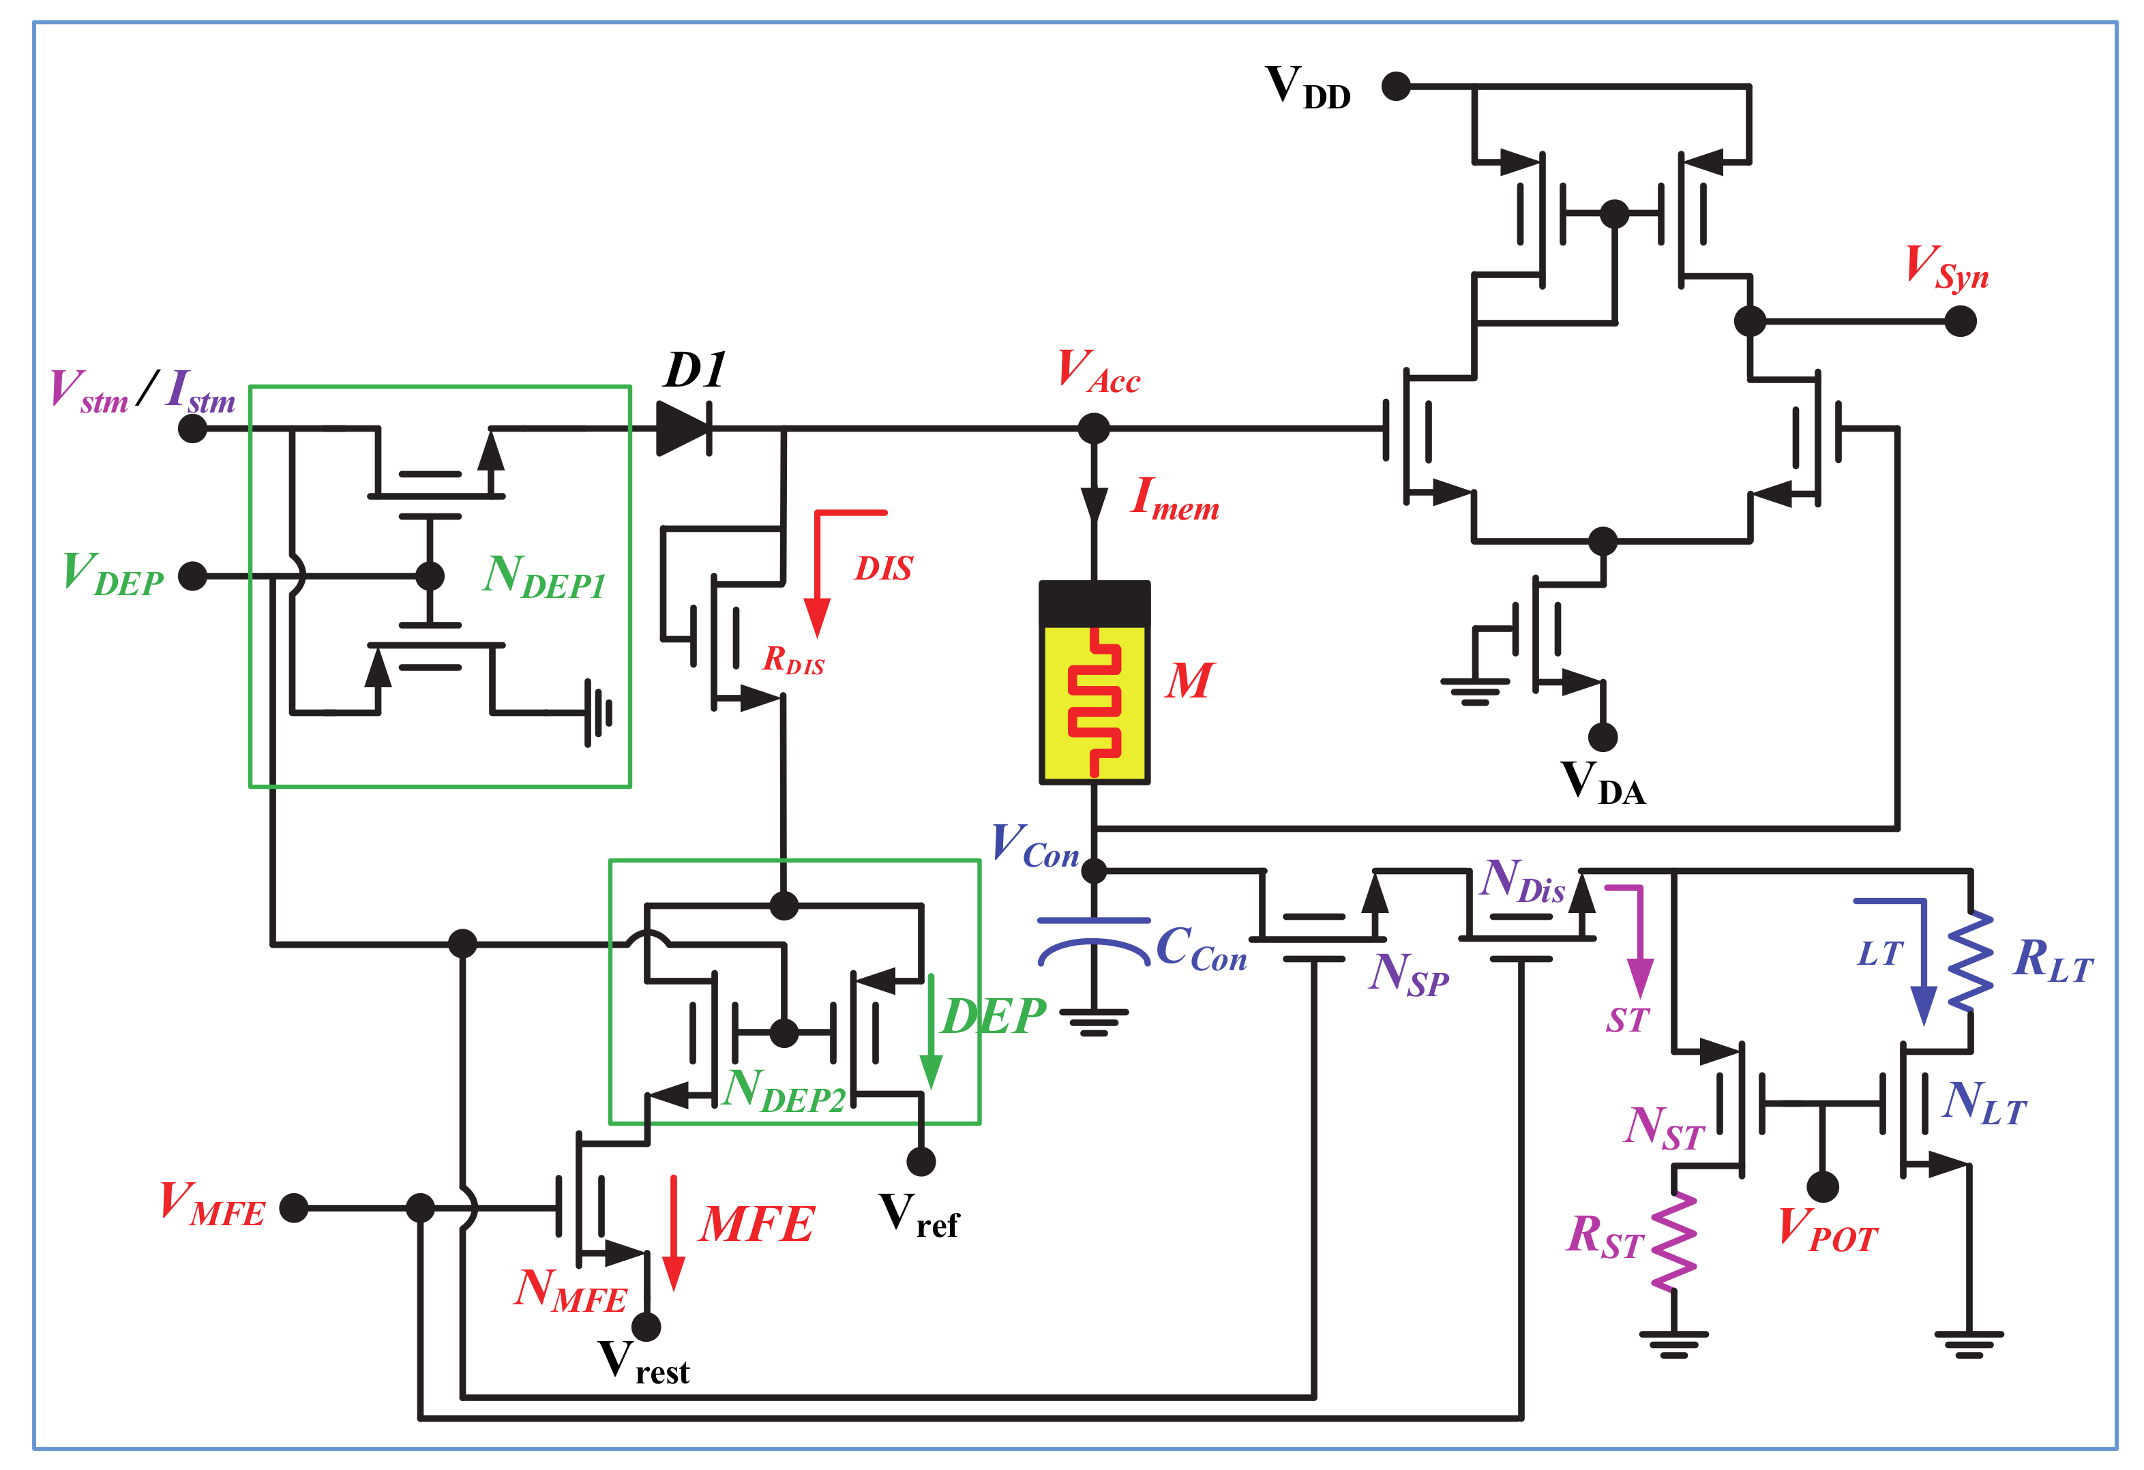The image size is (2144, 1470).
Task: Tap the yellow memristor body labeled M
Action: coord(1094,701)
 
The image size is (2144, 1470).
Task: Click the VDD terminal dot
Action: coord(1396,86)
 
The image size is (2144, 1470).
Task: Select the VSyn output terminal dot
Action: coord(1961,321)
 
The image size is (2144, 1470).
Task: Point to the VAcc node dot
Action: coord(1094,428)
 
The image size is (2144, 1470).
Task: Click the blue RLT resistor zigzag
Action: coord(1971,962)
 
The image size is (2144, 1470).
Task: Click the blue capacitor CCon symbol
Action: coord(1094,941)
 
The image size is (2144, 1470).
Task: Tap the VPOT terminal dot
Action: coord(1822,1187)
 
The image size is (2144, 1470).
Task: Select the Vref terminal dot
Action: coord(921,1161)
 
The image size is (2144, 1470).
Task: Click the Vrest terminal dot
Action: coord(646,1326)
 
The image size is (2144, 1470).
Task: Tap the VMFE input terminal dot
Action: coord(293,1207)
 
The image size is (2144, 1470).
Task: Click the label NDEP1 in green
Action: coord(544,577)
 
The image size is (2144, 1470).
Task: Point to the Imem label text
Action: coord(1174,500)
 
